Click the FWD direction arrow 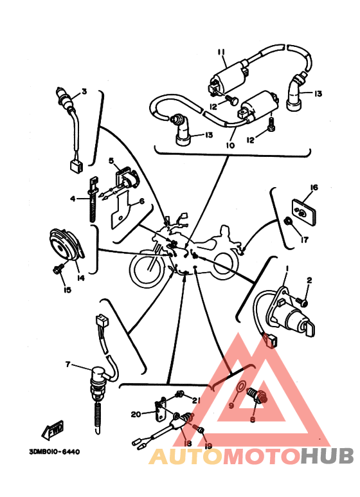pyautogui.click(x=53, y=429)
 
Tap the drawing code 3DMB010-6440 pyautogui.click(x=55, y=452)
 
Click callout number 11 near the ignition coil pyautogui.click(x=221, y=52)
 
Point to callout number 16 pyautogui.click(x=314, y=188)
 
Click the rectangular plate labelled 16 pyautogui.click(x=304, y=212)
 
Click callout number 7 pyautogui.click(x=67, y=365)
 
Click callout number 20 pyautogui.click(x=136, y=414)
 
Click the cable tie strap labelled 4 pyautogui.click(x=93, y=200)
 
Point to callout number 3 pyautogui.click(x=84, y=91)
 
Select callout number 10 pyautogui.click(x=230, y=145)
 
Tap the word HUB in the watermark pyautogui.click(x=327, y=456)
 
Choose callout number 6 pyautogui.click(x=141, y=201)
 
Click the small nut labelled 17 pyautogui.click(x=289, y=221)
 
